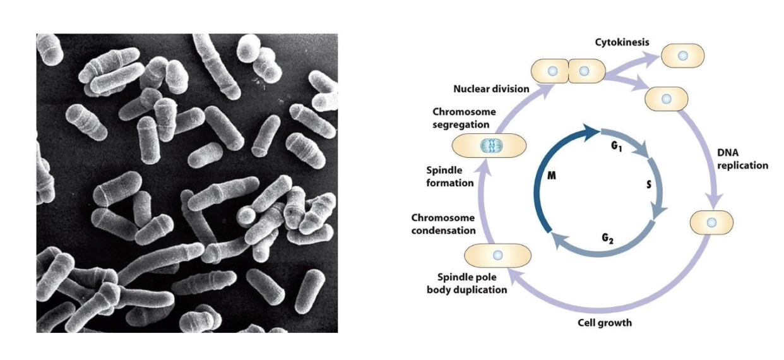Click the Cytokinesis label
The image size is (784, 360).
click(622, 42)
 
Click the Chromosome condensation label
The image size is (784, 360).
click(442, 224)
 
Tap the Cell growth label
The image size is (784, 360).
click(605, 323)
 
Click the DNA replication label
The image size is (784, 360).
click(743, 159)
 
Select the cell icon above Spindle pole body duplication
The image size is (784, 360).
click(497, 255)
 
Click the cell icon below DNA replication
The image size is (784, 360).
click(712, 222)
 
